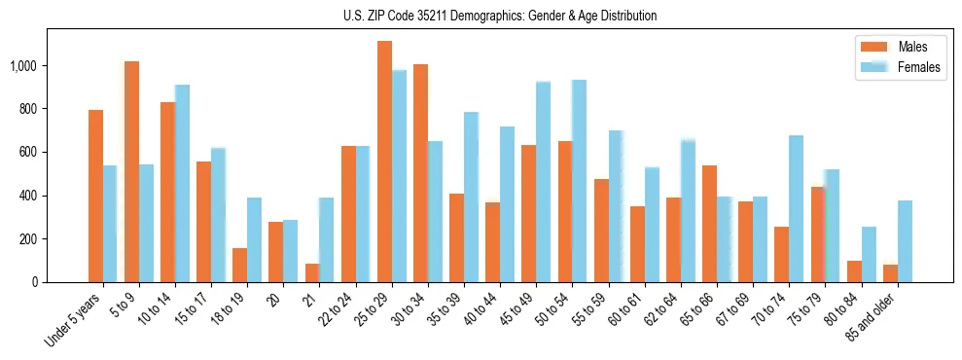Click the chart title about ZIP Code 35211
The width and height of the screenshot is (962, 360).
(x=500, y=16)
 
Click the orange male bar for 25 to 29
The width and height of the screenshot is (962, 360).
(x=384, y=162)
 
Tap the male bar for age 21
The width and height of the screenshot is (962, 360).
(x=312, y=273)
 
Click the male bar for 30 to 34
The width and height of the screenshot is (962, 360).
(x=420, y=173)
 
